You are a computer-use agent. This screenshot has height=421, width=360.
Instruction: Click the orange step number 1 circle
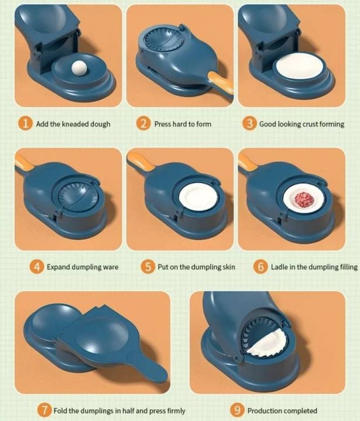[24, 124]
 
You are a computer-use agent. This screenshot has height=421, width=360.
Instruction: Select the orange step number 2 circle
[143, 124]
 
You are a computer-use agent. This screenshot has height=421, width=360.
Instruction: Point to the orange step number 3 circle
[249, 124]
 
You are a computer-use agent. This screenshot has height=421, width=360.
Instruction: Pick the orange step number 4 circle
[37, 267]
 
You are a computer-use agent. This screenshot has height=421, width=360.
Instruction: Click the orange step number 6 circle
[260, 267]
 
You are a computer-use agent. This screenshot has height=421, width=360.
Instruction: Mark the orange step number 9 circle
[236, 410]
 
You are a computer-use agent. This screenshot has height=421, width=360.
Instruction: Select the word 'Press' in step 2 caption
[163, 124]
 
